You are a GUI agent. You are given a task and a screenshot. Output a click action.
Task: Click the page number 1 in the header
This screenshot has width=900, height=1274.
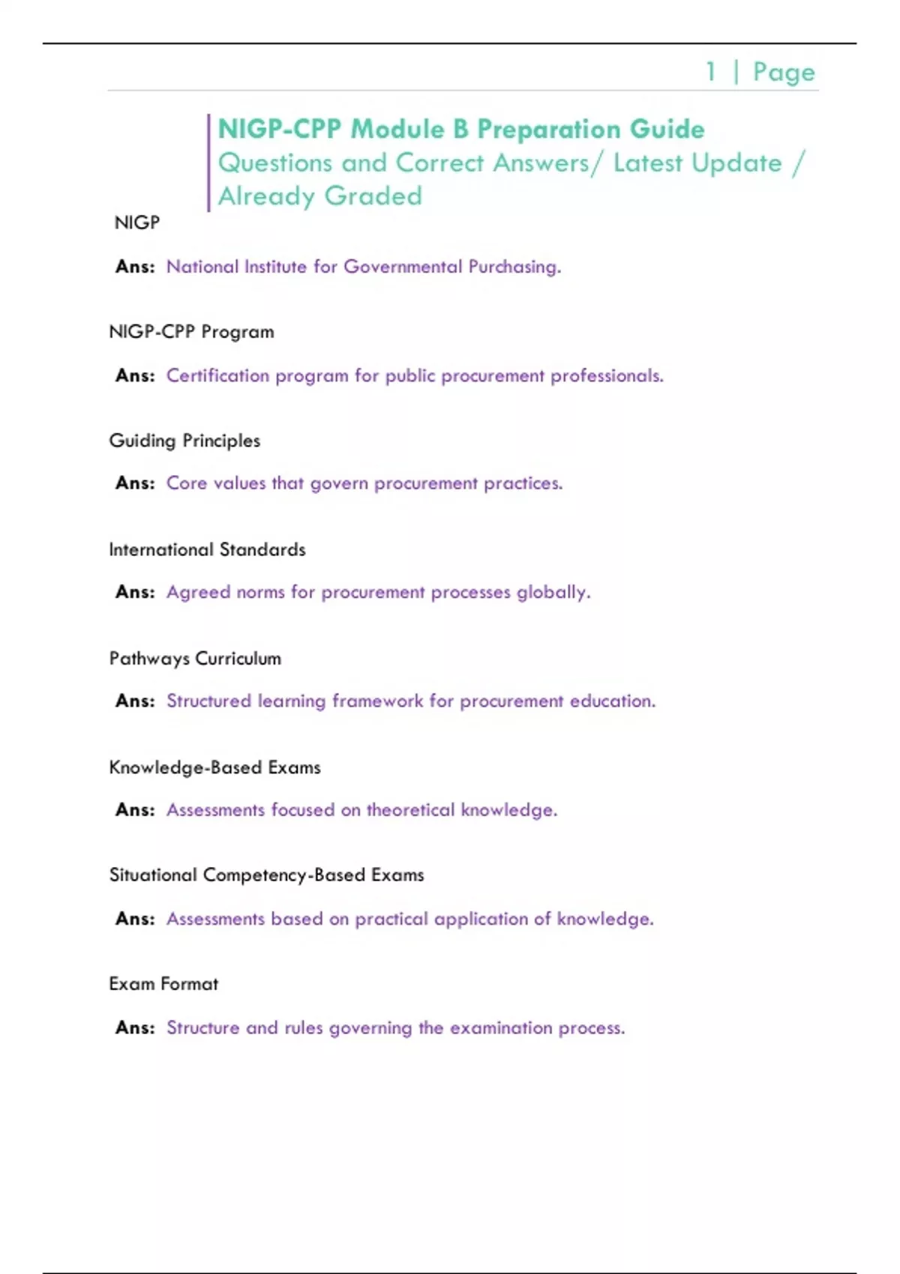710,72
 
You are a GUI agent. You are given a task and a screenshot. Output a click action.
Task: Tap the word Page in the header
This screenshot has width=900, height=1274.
784,73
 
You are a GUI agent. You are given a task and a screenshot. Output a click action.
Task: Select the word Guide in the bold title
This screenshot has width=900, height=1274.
667,129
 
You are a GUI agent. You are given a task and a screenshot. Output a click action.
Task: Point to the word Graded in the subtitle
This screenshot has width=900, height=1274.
373,196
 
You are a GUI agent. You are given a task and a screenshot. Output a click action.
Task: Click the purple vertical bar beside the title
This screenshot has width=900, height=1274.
208,163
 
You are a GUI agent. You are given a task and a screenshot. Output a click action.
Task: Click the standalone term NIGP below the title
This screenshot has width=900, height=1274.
136,223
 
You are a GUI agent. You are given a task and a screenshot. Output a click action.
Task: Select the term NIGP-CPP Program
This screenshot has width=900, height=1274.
191,332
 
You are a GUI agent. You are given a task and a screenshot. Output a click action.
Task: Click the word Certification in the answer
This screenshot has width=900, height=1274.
217,375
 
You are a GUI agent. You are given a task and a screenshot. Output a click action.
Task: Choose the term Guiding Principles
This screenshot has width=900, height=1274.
184,441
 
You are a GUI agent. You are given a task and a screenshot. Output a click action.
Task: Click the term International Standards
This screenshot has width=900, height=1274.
207,549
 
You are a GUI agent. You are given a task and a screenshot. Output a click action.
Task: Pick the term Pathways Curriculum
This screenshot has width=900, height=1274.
195,659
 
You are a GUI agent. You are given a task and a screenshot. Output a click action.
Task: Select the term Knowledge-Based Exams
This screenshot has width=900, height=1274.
214,767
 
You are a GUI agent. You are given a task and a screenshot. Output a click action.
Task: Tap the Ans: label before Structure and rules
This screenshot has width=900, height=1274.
135,1027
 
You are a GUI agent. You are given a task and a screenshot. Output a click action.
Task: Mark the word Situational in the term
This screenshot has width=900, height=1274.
153,875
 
